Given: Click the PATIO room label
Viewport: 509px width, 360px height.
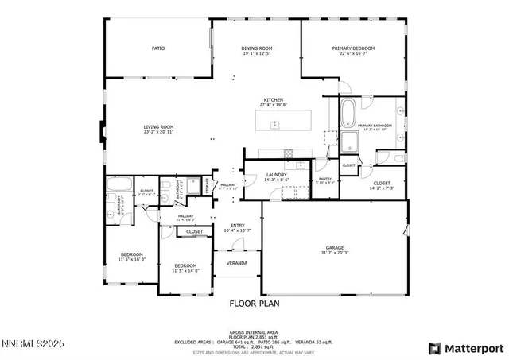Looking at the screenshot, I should tap(158, 48).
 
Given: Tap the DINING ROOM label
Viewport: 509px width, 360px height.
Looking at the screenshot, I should tap(257, 48).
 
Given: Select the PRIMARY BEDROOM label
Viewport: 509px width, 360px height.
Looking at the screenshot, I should tap(353, 48).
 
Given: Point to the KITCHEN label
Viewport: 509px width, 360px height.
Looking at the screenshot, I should tap(274, 100).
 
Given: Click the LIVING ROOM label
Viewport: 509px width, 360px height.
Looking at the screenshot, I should tap(158, 127).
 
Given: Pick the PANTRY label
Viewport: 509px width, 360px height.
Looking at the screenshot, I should tap(324, 179).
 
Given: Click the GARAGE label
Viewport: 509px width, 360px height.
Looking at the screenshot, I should tap(334, 247).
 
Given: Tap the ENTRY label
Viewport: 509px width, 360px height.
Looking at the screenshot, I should tap(239, 226).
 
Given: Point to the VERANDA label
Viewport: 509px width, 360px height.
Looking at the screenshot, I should tap(236, 263).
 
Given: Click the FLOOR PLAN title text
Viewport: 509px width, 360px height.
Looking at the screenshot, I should tap(254, 304).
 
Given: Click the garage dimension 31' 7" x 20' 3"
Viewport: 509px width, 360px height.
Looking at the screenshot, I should tap(334, 253).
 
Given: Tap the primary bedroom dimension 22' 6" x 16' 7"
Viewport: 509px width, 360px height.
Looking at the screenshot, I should tap(353, 54).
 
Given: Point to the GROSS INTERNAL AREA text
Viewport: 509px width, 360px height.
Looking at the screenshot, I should tap(254, 331).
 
